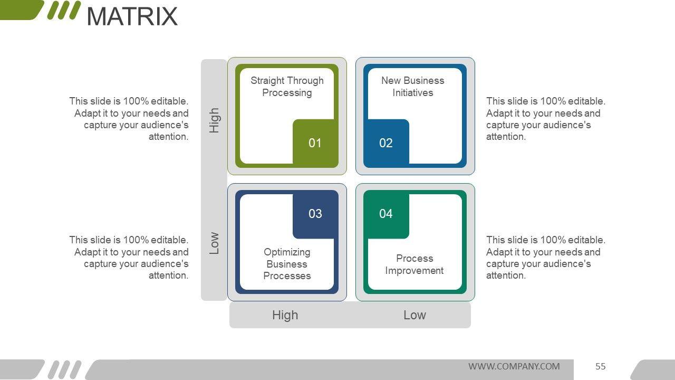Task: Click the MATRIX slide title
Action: tap(132, 16)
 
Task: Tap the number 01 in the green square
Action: tap(315, 143)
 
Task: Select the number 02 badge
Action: tap(386, 143)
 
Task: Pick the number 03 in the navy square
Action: tap(315, 214)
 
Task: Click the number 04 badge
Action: tap(386, 214)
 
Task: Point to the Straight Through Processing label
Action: tap(287, 87)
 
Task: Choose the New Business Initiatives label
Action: tap(412, 87)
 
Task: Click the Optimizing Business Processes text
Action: tap(287, 264)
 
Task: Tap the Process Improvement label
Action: tap(414, 264)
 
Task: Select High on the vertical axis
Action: tap(214, 120)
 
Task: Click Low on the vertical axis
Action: tap(214, 243)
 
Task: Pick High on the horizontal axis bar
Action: tap(285, 315)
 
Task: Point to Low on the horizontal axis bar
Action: tap(414, 315)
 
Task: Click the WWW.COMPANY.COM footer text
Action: tap(514, 366)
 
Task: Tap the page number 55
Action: tap(601, 366)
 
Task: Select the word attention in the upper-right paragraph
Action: tap(506, 137)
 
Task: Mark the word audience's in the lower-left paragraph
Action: tap(161, 264)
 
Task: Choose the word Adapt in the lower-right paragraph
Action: tap(499, 252)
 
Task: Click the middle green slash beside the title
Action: tap(64, 10)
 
